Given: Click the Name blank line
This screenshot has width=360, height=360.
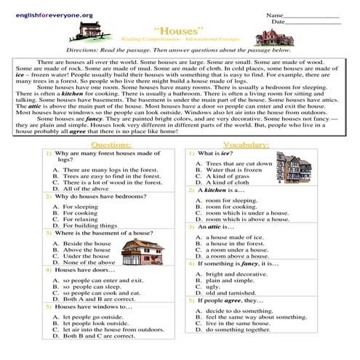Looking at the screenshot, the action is click(314, 15).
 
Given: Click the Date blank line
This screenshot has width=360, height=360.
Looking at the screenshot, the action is click(316, 23).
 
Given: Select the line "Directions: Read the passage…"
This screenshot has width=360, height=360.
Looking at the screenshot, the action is click(179, 50).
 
